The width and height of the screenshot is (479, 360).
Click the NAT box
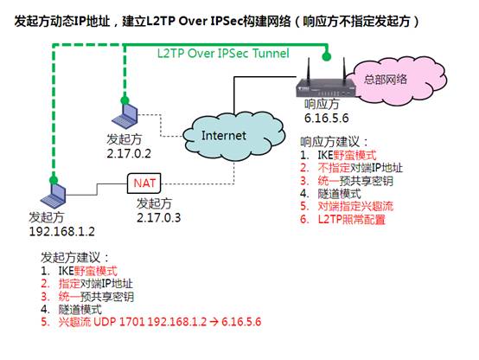tap(144, 183)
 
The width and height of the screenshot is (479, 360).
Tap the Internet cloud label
tap(224, 135)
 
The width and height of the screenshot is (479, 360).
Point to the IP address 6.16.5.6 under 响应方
tap(326, 118)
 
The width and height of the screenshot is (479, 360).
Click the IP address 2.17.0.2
tap(129, 153)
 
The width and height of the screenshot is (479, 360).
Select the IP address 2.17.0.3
tap(158, 217)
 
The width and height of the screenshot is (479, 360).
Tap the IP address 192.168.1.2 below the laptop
tap(61, 231)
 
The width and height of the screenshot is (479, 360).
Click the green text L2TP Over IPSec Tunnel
tap(223, 54)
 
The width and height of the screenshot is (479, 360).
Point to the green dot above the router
tap(327, 56)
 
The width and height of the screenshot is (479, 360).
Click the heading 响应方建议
tap(334, 142)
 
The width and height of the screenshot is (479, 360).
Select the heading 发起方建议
tap(74, 258)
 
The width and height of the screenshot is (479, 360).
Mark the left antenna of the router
tap(308, 69)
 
